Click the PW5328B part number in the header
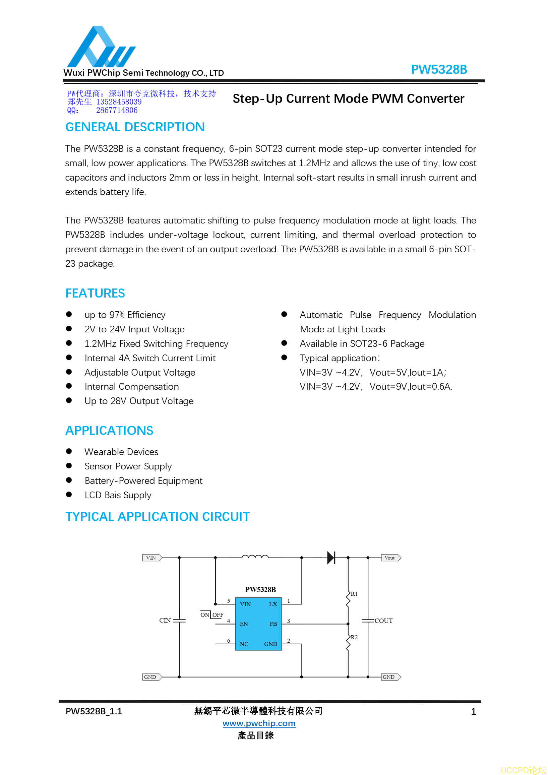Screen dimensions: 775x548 point(439,70)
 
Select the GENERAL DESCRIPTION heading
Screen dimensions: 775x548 point(135,127)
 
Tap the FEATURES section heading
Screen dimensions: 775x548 point(95,293)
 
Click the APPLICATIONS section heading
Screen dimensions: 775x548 point(109,431)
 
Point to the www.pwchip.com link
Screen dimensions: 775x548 point(259,723)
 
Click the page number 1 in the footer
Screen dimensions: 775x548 point(473,712)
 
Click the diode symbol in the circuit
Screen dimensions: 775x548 point(331,558)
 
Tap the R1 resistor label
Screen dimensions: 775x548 point(354,594)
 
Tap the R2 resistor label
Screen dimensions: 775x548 point(354,637)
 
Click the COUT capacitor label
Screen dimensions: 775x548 point(383,621)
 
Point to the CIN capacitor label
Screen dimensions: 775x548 point(165,621)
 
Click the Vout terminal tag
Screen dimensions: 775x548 point(391,558)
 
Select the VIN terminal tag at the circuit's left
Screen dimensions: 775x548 point(152,558)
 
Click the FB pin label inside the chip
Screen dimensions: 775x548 point(273,624)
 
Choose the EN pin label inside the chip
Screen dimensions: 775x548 point(244,624)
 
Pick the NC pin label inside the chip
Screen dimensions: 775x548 point(244,644)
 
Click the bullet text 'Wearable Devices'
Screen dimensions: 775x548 point(121,452)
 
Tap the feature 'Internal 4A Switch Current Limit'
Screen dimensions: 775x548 point(150,358)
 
